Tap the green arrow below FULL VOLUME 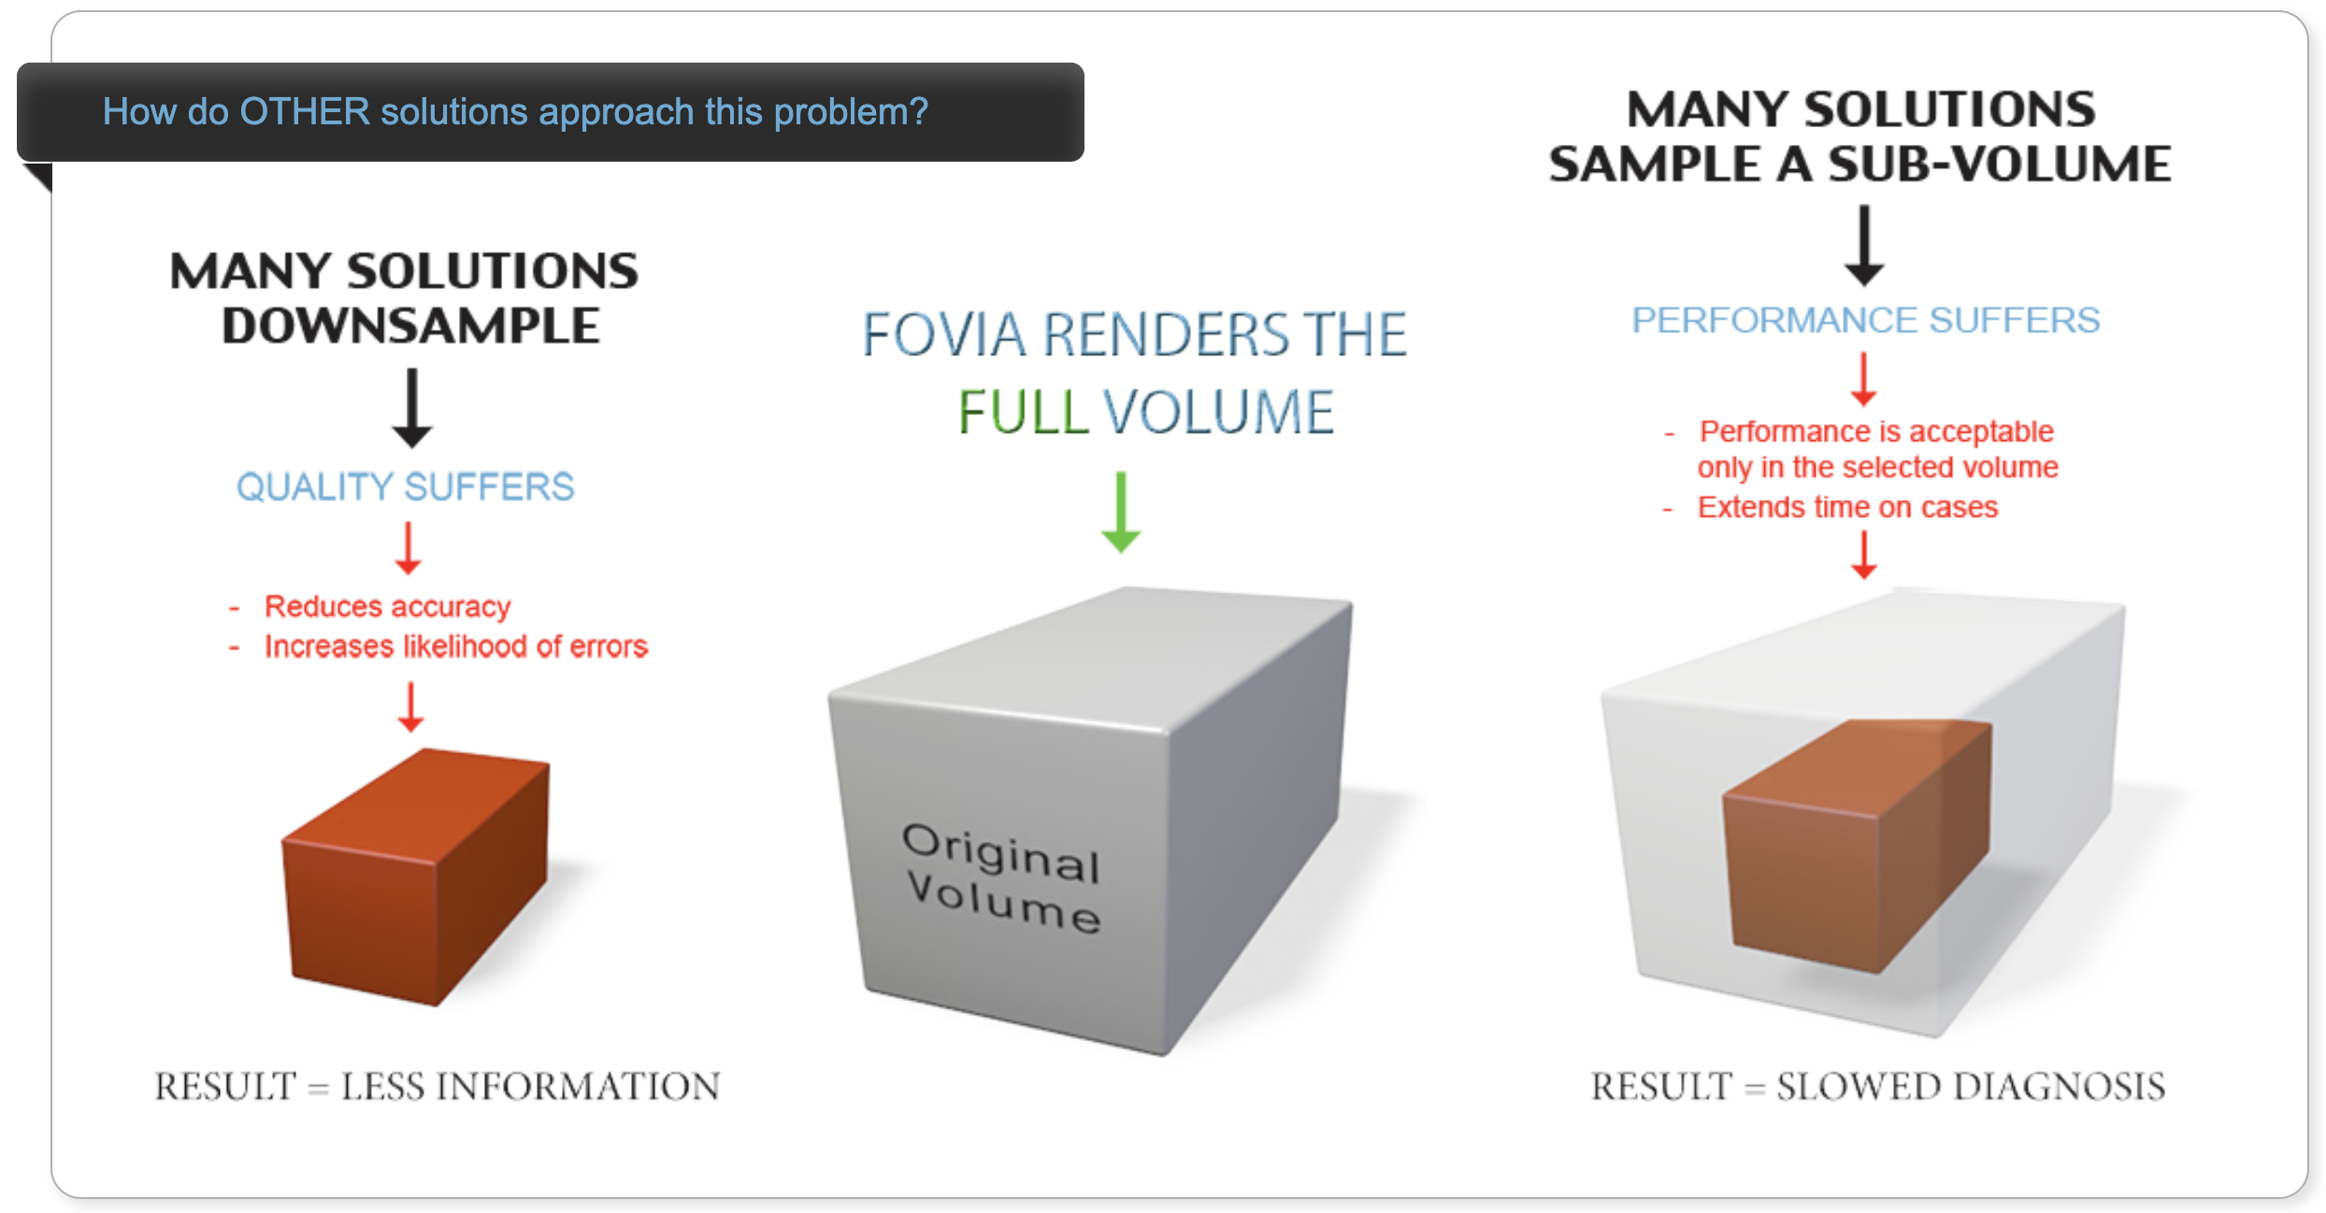1121,512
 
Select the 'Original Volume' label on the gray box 1002,878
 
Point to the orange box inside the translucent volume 1857,846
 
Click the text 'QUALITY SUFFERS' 405,487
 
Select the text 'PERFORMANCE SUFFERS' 1866,321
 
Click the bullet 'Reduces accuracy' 387,606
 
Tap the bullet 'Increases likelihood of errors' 456,647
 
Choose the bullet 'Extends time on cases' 1847,507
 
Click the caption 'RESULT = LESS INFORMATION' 438,1087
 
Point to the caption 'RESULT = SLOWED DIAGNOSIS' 1878,1087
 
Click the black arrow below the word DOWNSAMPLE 411,408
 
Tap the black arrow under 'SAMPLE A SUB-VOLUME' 1864,246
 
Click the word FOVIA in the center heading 944,335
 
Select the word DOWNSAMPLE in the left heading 410,326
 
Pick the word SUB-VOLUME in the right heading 2000,164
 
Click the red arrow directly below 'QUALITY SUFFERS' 408,549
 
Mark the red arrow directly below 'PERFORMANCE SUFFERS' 1863,379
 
